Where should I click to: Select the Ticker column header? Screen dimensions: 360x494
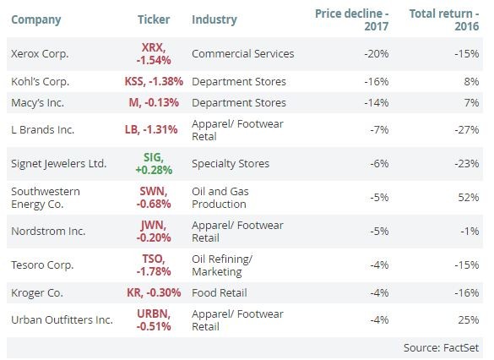click(154, 19)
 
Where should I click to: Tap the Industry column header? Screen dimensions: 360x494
click(214, 19)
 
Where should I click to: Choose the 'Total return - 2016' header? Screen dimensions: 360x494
click(444, 19)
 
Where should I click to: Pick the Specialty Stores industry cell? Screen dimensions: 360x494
click(231, 163)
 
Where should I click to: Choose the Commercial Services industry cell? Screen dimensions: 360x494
click(243, 53)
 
